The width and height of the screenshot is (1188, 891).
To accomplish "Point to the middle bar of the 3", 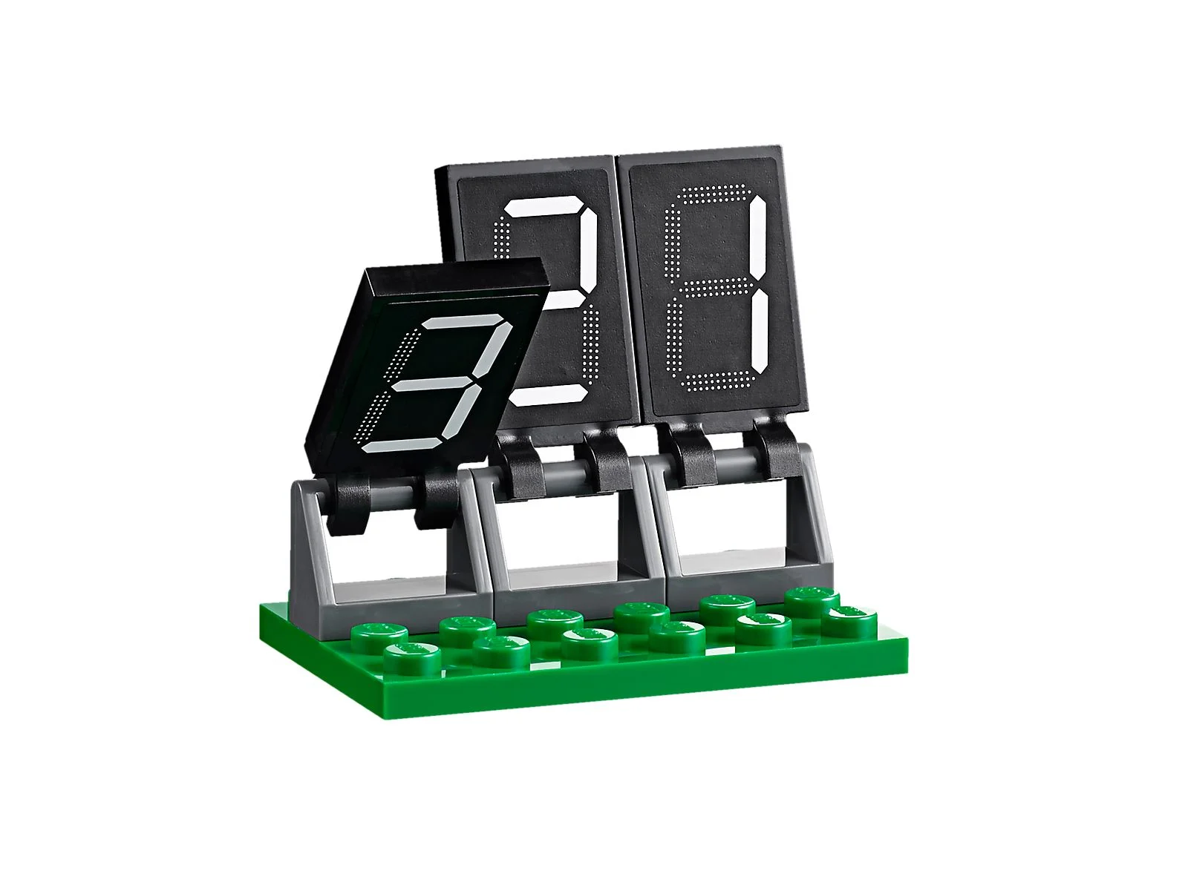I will pyautogui.click(x=431, y=384).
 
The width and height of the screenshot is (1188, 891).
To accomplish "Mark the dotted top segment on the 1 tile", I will pyautogui.click(x=709, y=192).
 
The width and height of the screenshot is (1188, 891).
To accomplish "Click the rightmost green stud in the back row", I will pyautogui.click(x=812, y=598).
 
